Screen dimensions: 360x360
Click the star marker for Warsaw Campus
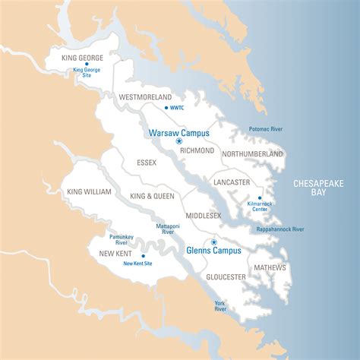pyautogui.click(x=179, y=141)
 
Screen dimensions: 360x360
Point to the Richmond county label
pyautogui.click(x=197, y=150)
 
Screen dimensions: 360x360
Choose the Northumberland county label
pyautogui.click(x=252, y=153)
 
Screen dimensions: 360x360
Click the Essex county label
pyautogui.click(x=147, y=163)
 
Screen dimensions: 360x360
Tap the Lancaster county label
pyautogui.click(x=232, y=182)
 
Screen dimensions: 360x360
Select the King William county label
pyautogui.click(x=88, y=192)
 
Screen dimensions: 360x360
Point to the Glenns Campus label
pyautogui.click(x=213, y=250)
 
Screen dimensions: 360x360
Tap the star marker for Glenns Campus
pyautogui.click(x=213, y=242)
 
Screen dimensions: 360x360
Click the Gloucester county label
pyautogui.click(x=226, y=276)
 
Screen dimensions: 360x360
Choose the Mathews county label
pyautogui.click(x=270, y=267)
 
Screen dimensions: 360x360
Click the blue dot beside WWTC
pyautogui.click(x=166, y=108)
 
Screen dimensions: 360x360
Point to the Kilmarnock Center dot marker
pyautogui.click(x=260, y=197)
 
